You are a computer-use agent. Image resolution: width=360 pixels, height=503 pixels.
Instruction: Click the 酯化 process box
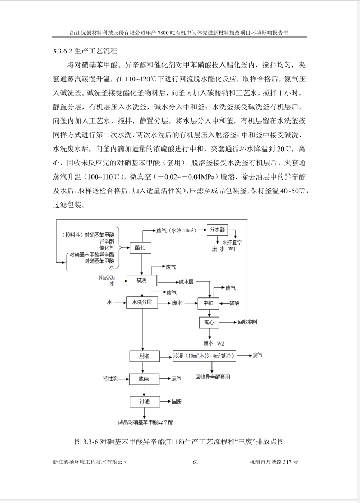140,247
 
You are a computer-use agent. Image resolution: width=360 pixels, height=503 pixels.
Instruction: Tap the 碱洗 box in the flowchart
140,280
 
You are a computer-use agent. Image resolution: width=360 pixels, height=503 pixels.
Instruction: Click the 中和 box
208,303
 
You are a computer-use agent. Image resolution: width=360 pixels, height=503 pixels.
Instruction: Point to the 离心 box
208,322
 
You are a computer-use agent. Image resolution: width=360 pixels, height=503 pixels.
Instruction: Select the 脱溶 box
144,356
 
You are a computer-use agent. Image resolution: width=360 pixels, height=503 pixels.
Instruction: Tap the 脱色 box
144,379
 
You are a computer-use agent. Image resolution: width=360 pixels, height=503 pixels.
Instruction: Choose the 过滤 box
144,402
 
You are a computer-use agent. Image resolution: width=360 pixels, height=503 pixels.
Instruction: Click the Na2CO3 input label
106,277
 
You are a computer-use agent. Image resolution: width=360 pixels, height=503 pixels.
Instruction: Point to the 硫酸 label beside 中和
235,303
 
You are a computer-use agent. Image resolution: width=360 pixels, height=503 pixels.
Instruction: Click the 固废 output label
177,402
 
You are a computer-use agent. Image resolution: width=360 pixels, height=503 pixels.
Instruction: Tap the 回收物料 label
247,322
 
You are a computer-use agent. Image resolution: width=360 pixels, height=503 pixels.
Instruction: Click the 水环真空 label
227,242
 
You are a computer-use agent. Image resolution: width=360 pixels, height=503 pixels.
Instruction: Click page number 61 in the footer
195,462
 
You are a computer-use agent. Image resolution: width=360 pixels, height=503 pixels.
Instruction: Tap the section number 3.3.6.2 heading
63,51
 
